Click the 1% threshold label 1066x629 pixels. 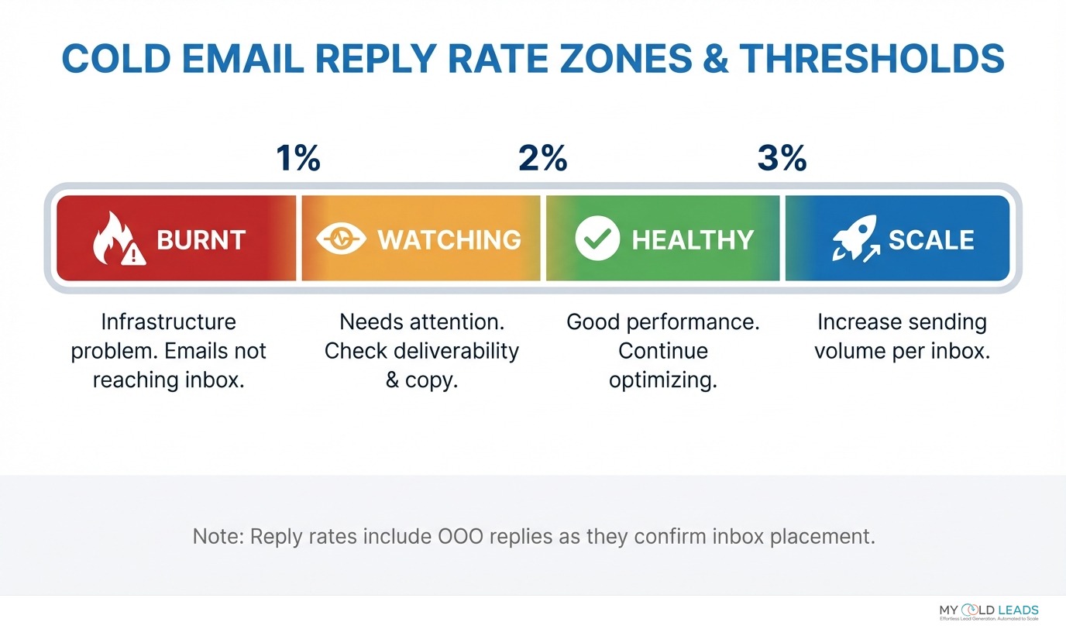click(x=298, y=159)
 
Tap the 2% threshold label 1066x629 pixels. click(x=542, y=159)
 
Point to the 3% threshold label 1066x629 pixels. click(x=782, y=159)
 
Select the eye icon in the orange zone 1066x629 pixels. click(x=342, y=239)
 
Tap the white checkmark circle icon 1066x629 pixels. click(x=597, y=239)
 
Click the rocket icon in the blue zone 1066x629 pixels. click(x=854, y=239)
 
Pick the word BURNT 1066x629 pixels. click(x=201, y=240)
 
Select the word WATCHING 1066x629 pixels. click(x=449, y=240)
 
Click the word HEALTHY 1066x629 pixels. click(x=693, y=240)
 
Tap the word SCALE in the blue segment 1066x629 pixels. click(x=930, y=240)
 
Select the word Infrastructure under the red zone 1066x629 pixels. click(x=168, y=321)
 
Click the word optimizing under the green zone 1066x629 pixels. click(x=662, y=380)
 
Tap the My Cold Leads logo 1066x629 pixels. click(x=988, y=611)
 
